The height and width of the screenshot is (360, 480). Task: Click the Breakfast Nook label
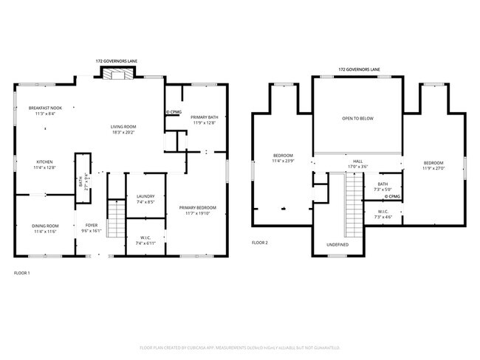[x=45, y=108]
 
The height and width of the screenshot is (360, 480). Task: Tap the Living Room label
[x=124, y=127]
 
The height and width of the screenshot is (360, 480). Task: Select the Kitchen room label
[x=45, y=162]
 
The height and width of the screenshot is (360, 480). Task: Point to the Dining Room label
[x=45, y=226]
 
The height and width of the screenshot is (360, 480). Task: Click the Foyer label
[x=91, y=226]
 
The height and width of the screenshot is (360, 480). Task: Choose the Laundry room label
[x=145, y=196]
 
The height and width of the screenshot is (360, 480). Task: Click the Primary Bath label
[x=204, y=117]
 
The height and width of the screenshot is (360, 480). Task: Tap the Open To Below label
[x=357, y=118]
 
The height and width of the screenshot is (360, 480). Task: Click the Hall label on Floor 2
[x=357, y=162]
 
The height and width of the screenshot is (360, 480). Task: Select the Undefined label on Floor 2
[x=337, y=244]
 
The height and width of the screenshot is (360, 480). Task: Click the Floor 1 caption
[x=22, y=273]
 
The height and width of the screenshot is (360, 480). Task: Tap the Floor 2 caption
[x=260, y=242]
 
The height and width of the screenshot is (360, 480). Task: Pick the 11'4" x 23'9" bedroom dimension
[x=284, y=161]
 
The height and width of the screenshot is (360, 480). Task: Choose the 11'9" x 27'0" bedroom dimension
[x=433, y=167]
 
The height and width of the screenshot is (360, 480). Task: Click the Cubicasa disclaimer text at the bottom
[x=239, y=346]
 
